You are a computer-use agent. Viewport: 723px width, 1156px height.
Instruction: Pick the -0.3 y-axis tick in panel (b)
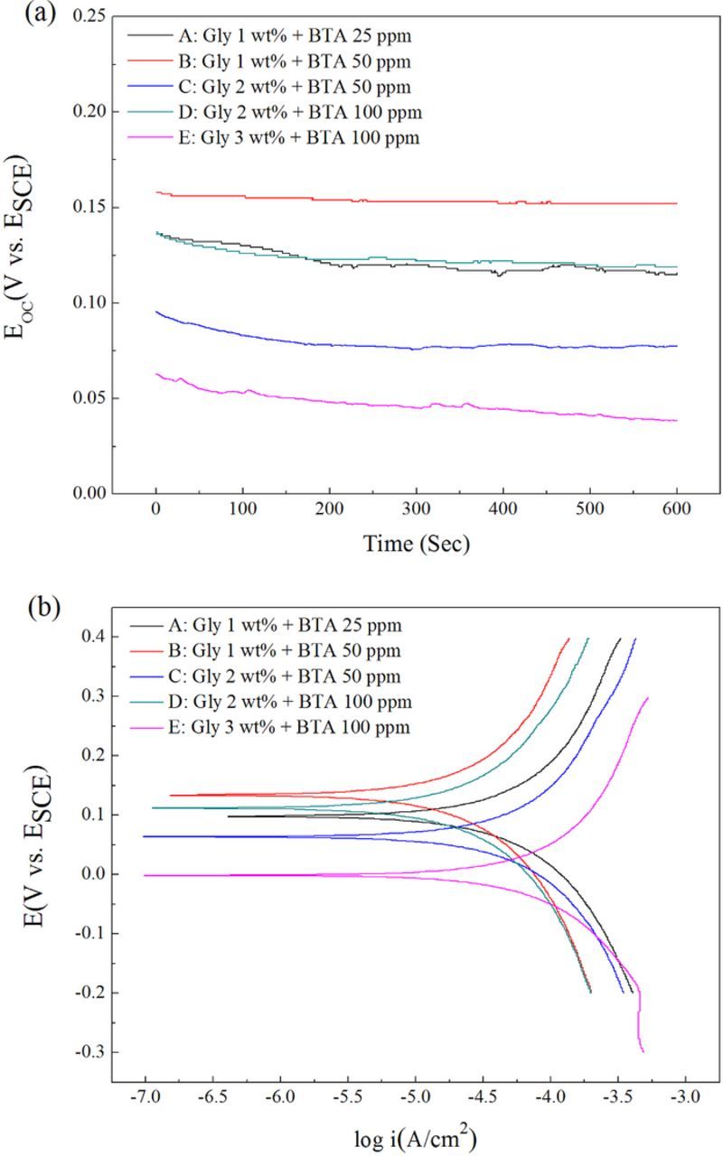pos(90,1052)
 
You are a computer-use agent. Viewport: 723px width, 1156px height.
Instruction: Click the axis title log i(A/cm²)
pos(415,1137)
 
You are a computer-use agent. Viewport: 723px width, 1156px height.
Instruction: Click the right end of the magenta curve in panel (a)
pos(676,421)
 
